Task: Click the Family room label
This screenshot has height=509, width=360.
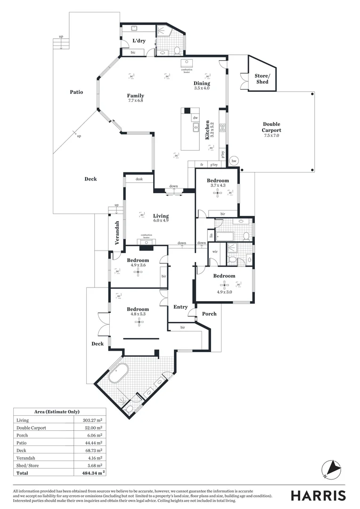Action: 135,96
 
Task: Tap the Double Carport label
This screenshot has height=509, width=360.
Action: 271,127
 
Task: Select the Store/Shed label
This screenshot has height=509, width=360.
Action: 262,79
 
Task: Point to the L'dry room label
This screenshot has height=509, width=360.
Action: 139,41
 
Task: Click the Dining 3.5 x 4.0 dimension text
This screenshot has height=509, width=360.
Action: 202,88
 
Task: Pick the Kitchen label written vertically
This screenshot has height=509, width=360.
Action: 207,130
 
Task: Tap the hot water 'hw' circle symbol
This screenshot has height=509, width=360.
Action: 233,161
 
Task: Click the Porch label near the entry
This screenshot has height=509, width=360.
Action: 209,313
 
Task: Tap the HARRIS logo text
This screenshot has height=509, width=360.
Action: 318,495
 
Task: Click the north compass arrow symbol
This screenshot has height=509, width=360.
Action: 331,468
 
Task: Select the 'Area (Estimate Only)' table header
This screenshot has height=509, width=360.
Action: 57,411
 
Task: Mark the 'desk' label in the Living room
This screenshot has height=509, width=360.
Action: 139,179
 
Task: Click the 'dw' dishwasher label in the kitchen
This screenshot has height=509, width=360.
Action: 195,118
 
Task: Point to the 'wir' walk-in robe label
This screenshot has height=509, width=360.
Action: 214,252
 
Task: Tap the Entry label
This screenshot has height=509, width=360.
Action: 180,307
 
